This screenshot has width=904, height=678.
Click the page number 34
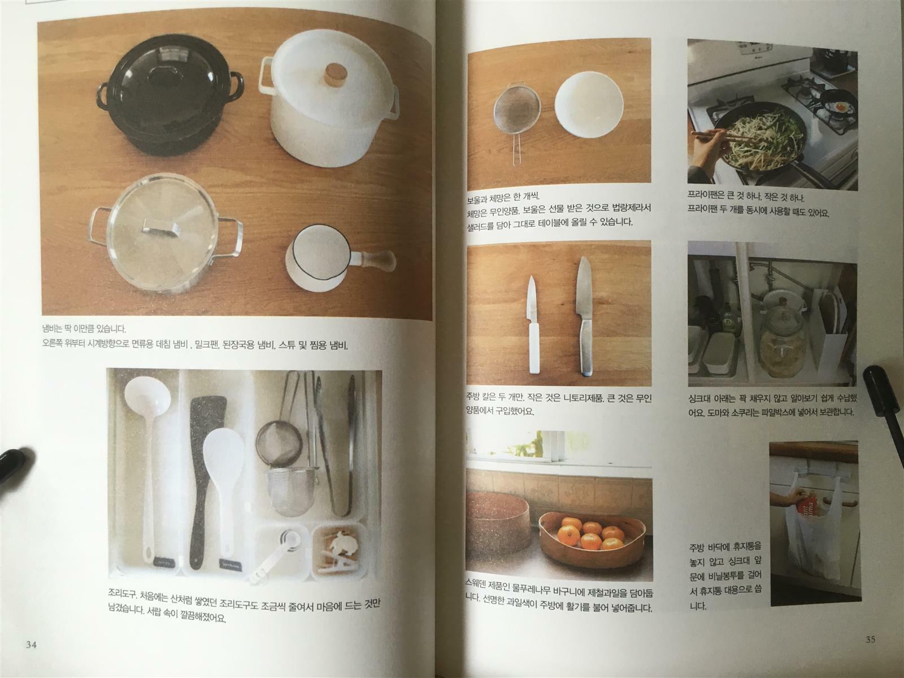tap(31, 644)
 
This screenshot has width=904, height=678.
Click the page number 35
tap(870, 640)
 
